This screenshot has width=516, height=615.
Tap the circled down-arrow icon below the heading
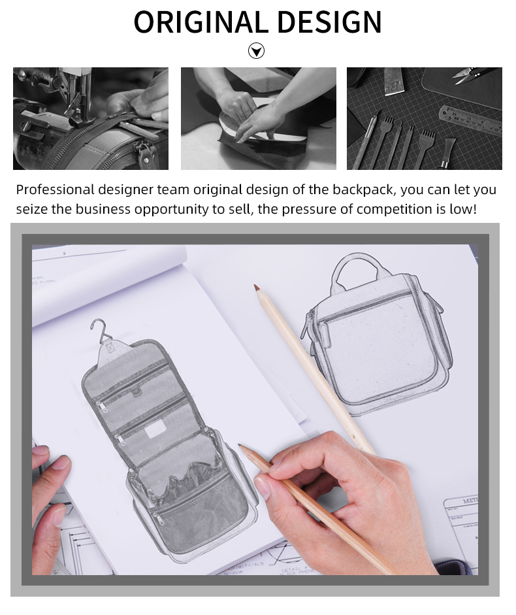pyautogui.click(x=257, y=51)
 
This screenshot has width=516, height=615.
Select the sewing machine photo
pyautogui.click(x=91, y=118)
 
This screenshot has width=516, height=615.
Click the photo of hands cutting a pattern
pyautogui.click(x=258, y=118)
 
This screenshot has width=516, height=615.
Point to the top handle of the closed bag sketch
pyautogui.click(x=356, y=268)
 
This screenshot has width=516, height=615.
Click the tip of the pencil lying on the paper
pyautogui.click(x=257, y=288)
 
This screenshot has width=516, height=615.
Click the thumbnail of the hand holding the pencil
pyautogui.click(x=263, y=487)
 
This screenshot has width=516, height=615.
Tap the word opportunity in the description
pyautogui.click(x=179, y=209)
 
